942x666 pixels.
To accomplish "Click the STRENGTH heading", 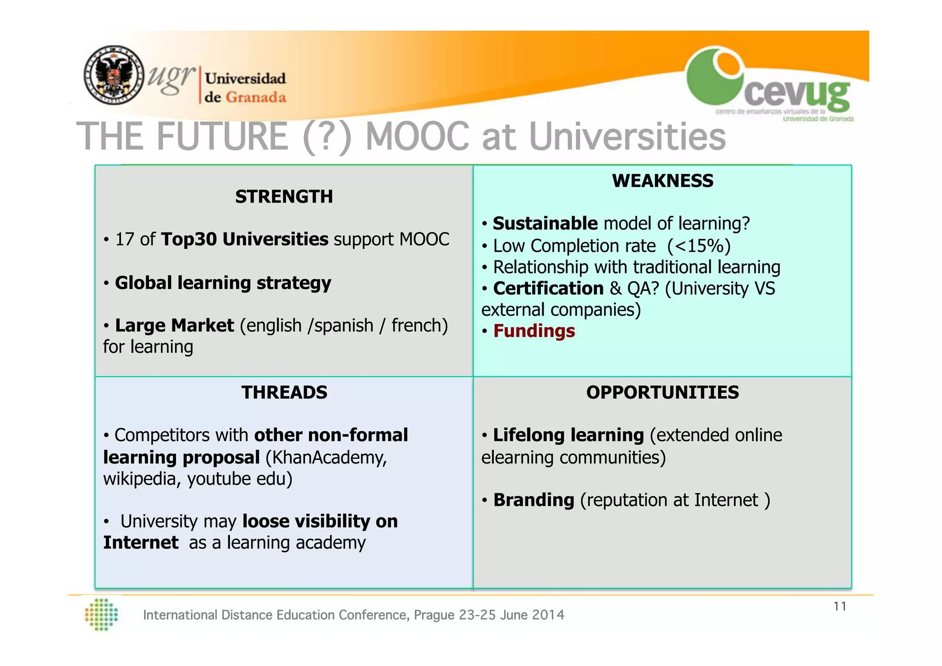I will (x=284, y=197).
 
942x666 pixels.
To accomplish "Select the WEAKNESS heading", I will (x=662, y=181).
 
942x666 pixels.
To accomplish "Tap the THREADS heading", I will (x=284, y=393).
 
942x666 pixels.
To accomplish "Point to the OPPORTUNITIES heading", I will (x=662, y=393).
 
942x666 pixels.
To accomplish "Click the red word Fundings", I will (x=534, y=331).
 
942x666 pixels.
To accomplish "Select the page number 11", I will (x=840, y=607).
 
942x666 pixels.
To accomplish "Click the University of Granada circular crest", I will (x=114, y=75).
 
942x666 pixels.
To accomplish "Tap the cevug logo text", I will (x=797, y=94).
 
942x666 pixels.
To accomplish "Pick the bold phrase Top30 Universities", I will (x=245, y=239).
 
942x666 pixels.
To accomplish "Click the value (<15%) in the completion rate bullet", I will (x=699, y=246).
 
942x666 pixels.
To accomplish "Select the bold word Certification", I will (x=548, y=289).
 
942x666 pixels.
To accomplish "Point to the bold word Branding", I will (x=534, y=500).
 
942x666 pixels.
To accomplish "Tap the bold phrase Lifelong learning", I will (x=568, y=435).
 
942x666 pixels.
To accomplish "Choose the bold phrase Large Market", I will (x=174, y=325).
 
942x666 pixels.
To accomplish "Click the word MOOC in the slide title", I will (x=417, y=137).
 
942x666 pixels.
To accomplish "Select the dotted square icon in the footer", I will (x=102, y=614).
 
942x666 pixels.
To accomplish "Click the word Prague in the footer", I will (x=435, y=615).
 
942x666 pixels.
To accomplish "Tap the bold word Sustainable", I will (x=545, y=224).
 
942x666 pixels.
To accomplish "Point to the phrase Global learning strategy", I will (x=223, y=283).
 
